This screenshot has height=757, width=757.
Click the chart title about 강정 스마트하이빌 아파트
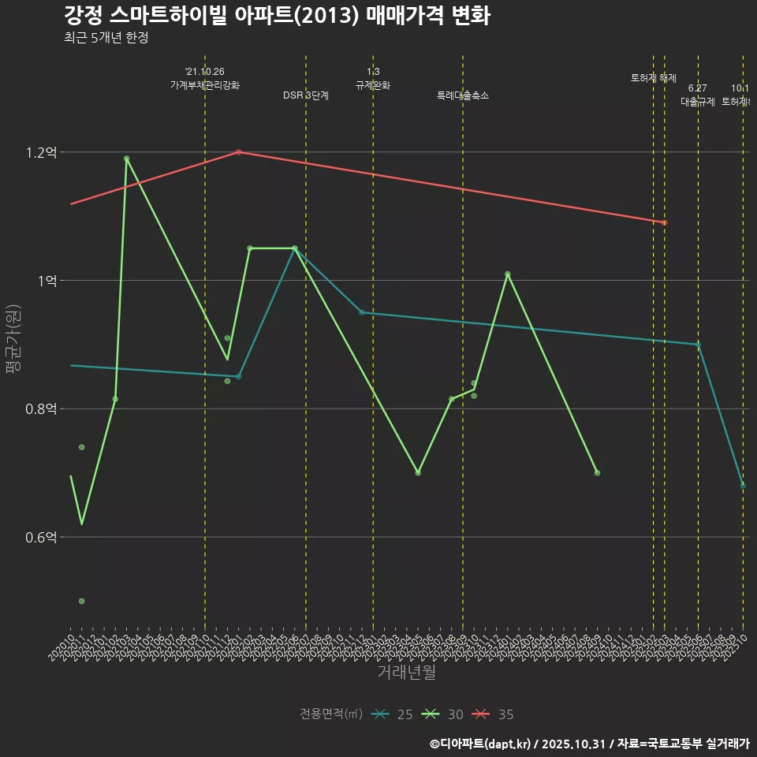tap(277, 15)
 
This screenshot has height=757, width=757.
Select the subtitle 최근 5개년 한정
tap(106, 37)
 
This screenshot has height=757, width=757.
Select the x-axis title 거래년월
tap(406, 673)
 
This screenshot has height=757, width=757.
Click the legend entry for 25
tap(393, 714)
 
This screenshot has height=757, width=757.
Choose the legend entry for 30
tap(444, 714)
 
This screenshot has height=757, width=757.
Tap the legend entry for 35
tap(494, 714)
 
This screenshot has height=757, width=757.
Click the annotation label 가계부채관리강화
tap(205, 85)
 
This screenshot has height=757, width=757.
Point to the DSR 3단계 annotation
tap(306, 95)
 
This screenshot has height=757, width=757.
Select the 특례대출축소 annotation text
tap(463, 95)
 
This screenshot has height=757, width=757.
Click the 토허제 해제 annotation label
tap(654, 78)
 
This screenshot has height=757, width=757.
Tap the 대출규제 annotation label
tap(697, 102)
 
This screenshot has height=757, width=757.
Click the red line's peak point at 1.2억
tap(238, 152)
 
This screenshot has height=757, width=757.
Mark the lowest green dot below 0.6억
tap(82, 602)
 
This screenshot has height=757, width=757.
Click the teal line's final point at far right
tap(743, 485)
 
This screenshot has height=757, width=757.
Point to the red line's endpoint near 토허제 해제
tap(665, 222)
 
